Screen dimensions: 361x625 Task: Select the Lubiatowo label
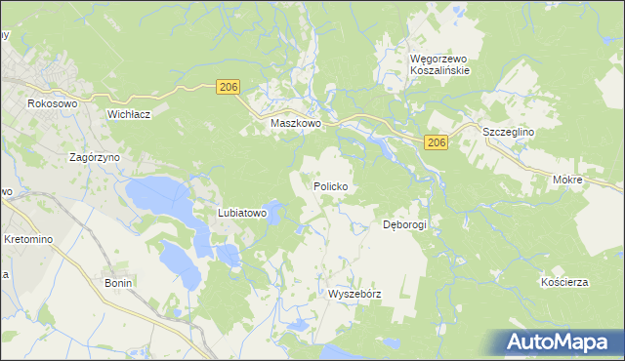tap(242, 213)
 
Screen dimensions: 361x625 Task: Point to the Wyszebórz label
tap(354, 293)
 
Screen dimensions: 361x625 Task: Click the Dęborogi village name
tap(405, 223)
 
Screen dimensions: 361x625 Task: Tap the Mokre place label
tap(566, 180)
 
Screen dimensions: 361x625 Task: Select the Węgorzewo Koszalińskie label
tap(439, 64)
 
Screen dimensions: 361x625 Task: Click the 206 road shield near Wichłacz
tap(228, 88)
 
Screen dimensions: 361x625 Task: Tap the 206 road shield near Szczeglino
tap(437, 143)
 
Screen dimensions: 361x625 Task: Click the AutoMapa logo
tap(559, 342)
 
